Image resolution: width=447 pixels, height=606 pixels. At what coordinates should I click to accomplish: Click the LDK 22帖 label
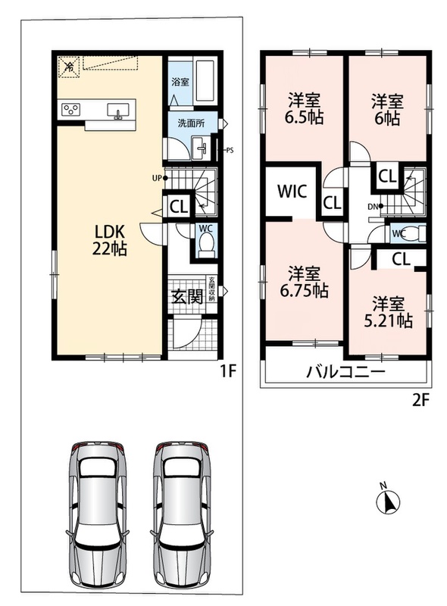click(109, 240)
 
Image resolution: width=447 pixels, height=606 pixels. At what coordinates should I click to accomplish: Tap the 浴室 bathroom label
click(180, 82)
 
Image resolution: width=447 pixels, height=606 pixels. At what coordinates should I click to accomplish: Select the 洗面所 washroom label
click(191, 123)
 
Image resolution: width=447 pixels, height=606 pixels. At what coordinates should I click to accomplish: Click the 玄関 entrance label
click(187, 297)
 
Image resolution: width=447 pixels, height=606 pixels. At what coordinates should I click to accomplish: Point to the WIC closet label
click(292, 192)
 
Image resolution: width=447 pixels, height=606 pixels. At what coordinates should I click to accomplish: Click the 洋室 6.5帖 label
click(305, 109)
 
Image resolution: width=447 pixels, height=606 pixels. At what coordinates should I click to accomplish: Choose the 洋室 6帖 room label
click(387, 109)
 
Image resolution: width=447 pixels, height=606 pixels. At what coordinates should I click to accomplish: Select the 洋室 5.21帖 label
click(388, 312)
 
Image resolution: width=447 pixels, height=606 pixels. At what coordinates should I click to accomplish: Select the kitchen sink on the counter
click(118, 111)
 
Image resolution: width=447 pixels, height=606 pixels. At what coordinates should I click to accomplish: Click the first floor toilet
click(206, 244)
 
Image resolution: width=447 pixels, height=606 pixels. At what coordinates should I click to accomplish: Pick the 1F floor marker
click(228, 371)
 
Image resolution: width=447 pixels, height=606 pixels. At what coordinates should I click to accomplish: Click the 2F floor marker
click(420, 401)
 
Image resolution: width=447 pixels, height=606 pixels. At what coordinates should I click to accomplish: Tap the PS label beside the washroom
click(230, 151)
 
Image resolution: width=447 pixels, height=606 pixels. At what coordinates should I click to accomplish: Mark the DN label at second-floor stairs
click(373, 207)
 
